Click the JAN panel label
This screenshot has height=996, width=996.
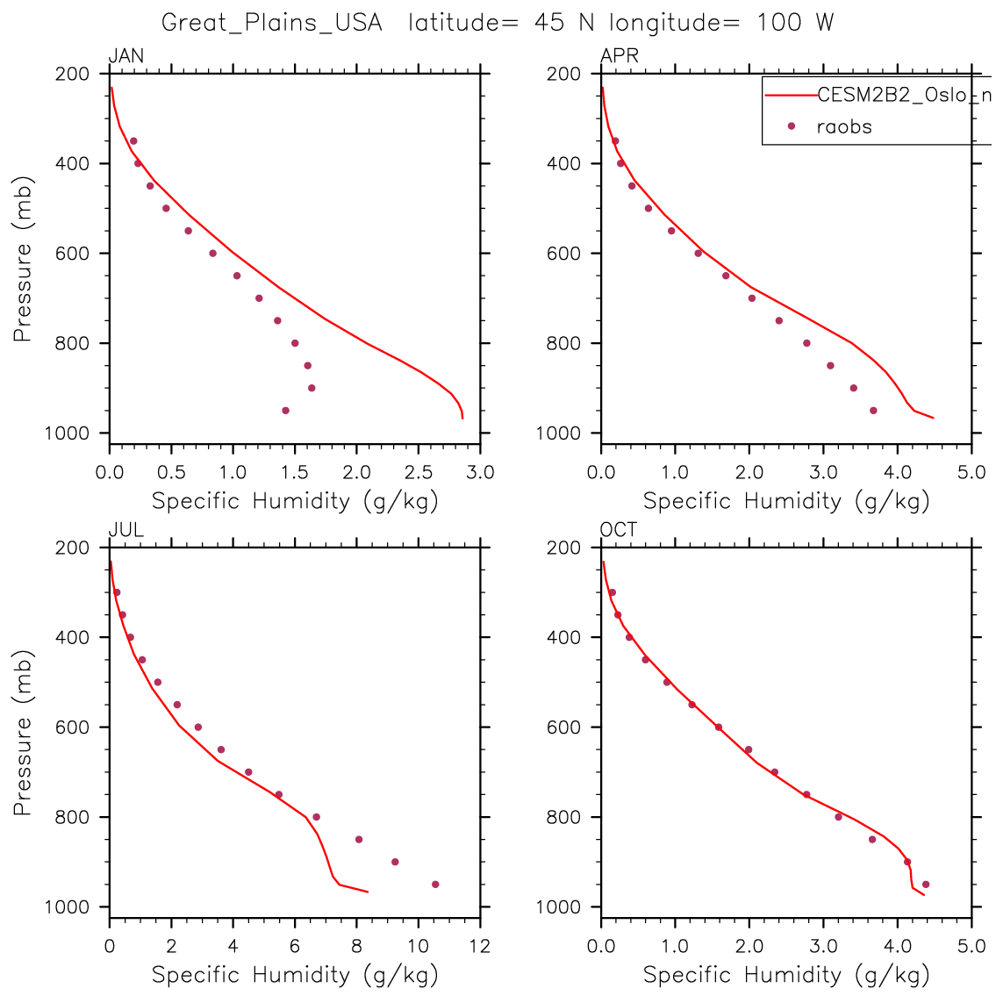tap(125, 57)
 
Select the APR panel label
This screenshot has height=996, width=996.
tap(619, 57)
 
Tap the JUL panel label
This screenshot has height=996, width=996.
tap(125, 530)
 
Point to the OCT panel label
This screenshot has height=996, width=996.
tap(619, 530)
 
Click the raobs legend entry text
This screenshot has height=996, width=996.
tap(844, 126)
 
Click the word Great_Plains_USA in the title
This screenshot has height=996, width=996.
tap(272, 23)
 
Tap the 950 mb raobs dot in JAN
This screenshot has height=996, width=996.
tap(285, 410)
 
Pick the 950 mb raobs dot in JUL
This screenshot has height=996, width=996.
tap(435, 884)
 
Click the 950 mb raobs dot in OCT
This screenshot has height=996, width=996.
tap(926, 884)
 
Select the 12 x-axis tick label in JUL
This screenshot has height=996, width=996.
tap(479, 947)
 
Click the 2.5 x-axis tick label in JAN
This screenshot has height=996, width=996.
tap(418, 473)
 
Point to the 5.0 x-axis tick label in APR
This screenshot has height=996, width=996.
tap(971, 473)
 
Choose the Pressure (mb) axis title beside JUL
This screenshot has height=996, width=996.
tap(23, 733)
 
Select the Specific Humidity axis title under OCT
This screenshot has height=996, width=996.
tap(786, 974)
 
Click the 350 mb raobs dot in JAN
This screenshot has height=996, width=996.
tap(133, 140)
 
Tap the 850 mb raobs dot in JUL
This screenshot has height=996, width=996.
tap(359, 839)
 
